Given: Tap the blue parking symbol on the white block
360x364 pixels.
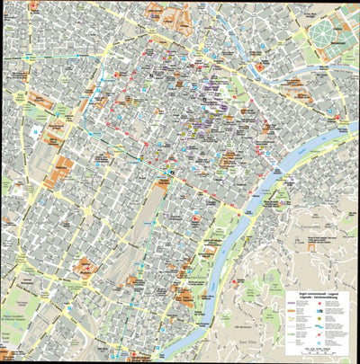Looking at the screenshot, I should [37, 132].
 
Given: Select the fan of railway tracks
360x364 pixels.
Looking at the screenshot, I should [144, 225].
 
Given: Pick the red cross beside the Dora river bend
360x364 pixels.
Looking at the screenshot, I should [260, 67].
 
